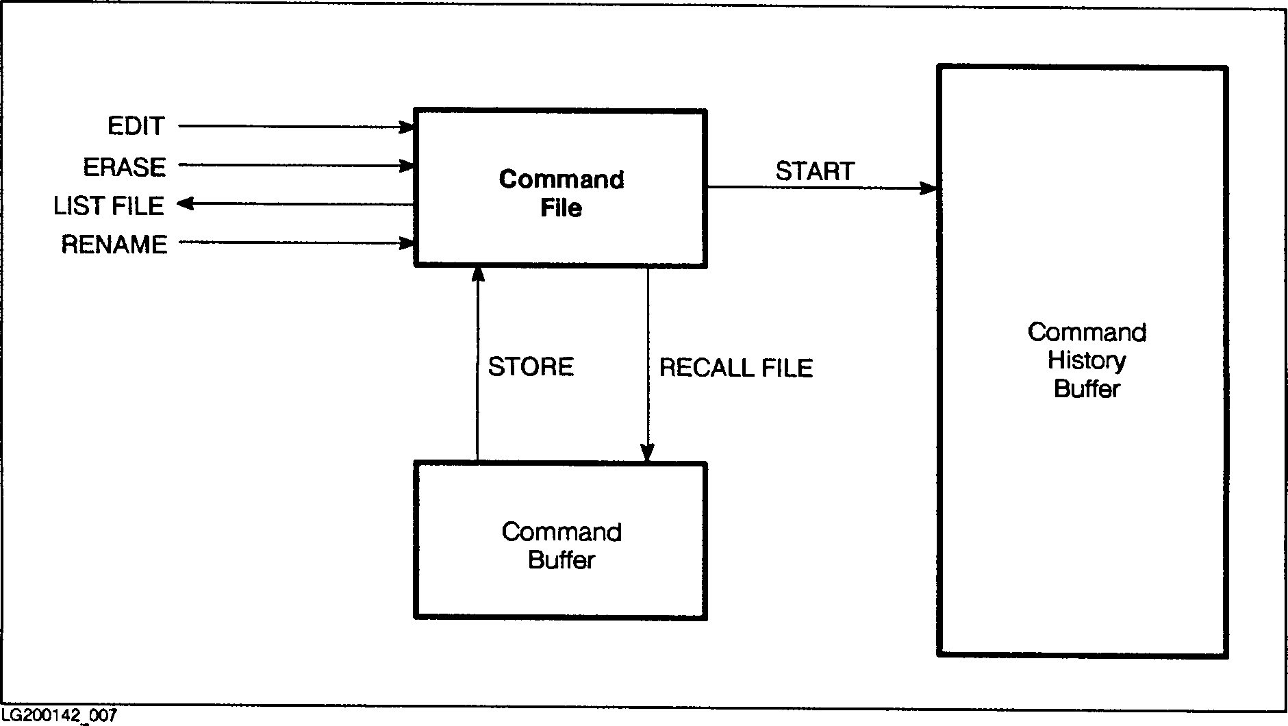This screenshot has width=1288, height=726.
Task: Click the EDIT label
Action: click(136, 126)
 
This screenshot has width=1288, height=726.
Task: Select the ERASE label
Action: click(124, 167)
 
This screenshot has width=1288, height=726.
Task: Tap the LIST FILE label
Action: click(109, 205)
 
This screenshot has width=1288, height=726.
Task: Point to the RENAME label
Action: click(114, 245)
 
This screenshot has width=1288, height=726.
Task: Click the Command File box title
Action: click(561, 193)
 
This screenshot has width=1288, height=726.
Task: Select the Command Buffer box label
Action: click(561, 546)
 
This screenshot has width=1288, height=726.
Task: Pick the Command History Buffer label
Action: click(1087, 360)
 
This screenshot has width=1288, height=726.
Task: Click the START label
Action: click(815, 171)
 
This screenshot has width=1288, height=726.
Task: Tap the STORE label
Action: click(531, 367)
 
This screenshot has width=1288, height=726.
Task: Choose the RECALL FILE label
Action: click(736, 368)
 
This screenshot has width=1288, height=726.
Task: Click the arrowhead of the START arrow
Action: click(929, 188)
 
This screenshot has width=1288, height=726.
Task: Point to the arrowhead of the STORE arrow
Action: click(478, 273)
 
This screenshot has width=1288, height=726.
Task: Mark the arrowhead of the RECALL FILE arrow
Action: click(647, 453)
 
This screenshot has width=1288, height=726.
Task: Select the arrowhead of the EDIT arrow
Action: click(408, 127)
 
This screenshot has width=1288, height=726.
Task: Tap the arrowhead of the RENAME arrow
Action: click(408, 243)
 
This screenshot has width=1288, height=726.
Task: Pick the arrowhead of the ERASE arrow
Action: click(408, 166)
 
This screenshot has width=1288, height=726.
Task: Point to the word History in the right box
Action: click(1087, 360)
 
